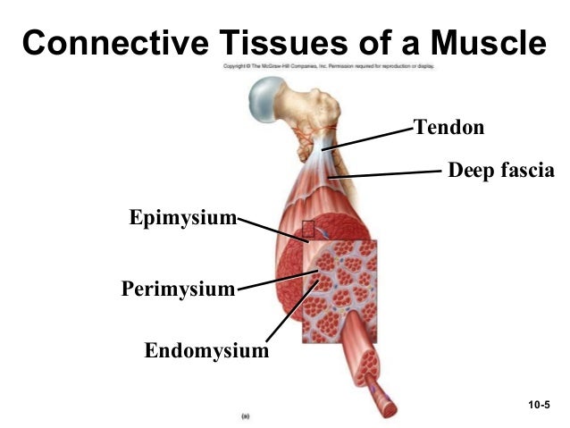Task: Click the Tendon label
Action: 448,128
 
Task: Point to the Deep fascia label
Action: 500,169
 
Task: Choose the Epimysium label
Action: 182,217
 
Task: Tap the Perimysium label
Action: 178,290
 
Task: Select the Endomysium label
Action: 206,350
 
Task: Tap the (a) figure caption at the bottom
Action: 245,415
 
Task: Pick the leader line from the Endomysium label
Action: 292,312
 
